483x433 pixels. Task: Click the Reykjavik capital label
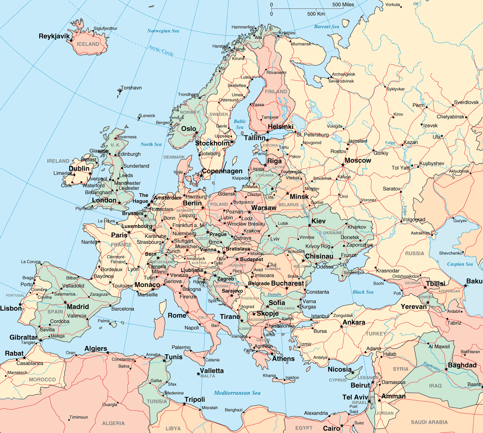tap(54, 36)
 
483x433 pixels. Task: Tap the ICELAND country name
tap(88, 44)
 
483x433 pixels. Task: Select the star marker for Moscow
tap(343, 165)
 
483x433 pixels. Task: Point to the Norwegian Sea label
tap(163, 31)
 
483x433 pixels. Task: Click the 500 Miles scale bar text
tap(343, 5)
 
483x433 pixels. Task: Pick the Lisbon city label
tap(11, 308)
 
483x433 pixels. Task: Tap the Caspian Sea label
tap(460, 264)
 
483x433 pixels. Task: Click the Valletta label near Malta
tap(212, 370)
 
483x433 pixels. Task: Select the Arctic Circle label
tap(161, 50)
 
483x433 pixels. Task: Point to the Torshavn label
tap(131, 88)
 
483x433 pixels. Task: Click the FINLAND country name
tap(275, 91)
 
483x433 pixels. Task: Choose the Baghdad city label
tap(462, 365)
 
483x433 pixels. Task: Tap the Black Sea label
tap(363, 292)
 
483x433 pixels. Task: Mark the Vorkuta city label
tap(393, 5)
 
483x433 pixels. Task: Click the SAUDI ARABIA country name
tap(429, 422)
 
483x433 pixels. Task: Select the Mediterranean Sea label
tap(237, 393)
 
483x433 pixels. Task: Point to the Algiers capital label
tap(96, 348)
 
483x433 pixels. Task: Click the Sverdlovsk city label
tap(466, 102)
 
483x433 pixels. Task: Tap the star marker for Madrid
tap(65, 302)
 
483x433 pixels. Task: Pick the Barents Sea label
tap(326, 27)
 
